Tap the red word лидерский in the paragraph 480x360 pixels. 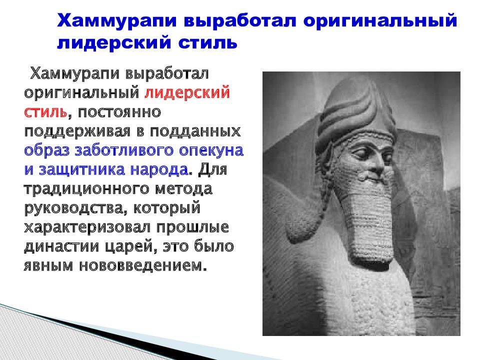(187, 93)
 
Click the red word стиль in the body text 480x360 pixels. (46, 111)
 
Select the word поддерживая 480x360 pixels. (70, 131)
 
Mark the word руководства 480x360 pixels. (67, 207)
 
